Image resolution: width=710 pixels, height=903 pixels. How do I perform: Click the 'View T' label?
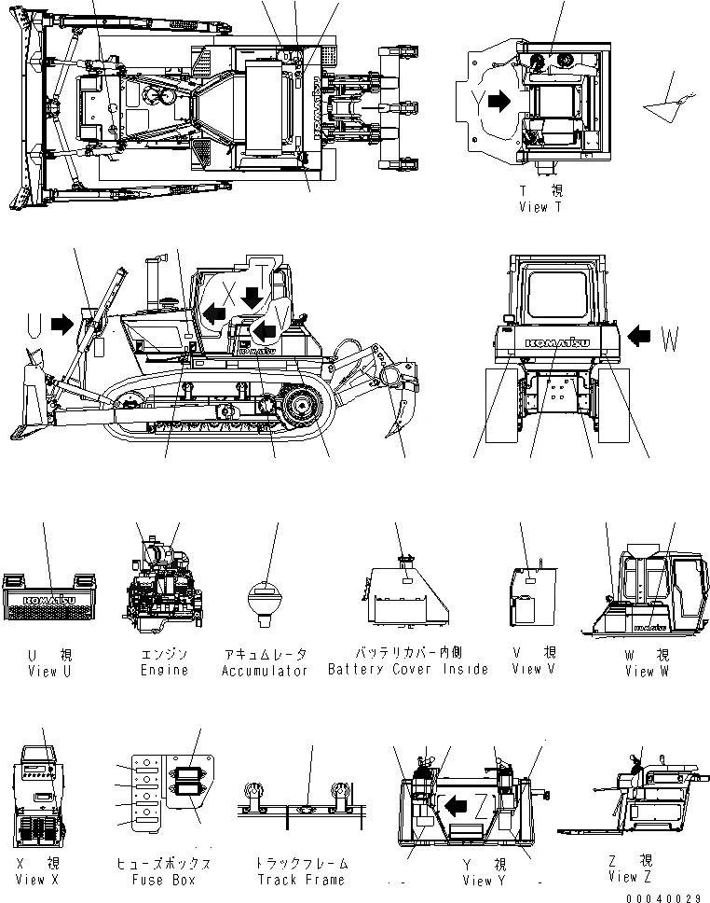(540, 207)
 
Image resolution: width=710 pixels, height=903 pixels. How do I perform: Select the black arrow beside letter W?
(642, 334)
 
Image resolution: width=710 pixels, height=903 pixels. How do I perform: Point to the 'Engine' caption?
(165, 670)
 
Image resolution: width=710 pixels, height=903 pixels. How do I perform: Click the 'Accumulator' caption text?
(265, 670)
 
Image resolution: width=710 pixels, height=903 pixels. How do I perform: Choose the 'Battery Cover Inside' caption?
(407, 669)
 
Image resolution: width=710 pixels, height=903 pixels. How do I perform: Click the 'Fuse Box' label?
(161, 879)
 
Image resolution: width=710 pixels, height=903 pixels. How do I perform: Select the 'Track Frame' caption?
(301, 879)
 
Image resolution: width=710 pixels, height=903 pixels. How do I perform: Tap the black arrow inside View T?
(498, 100)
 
